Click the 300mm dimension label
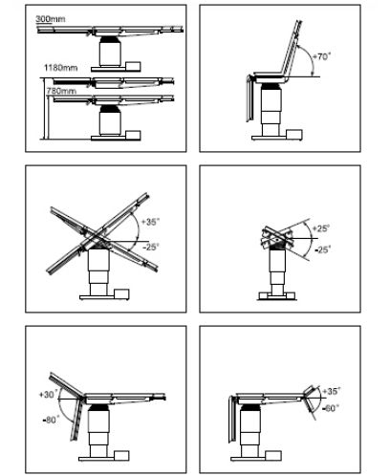(50, 19)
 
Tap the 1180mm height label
(60, 68)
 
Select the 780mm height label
(61, 91)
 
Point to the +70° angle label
(321, 56)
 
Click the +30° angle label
(49, 395)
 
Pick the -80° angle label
(51, 421)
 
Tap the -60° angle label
(330, 408)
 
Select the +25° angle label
(321, 228)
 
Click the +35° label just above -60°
(332, 391)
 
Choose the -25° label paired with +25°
(323, 249)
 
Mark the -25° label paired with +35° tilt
(151, 247)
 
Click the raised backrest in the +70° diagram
(291, 49)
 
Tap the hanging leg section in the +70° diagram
(250, 98)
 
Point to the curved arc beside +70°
(310, 58)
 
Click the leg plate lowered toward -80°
(76, 421)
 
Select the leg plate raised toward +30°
(66, 384)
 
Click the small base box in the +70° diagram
(294, 135)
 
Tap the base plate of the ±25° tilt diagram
(277, 296)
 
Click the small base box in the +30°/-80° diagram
(121, 456)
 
